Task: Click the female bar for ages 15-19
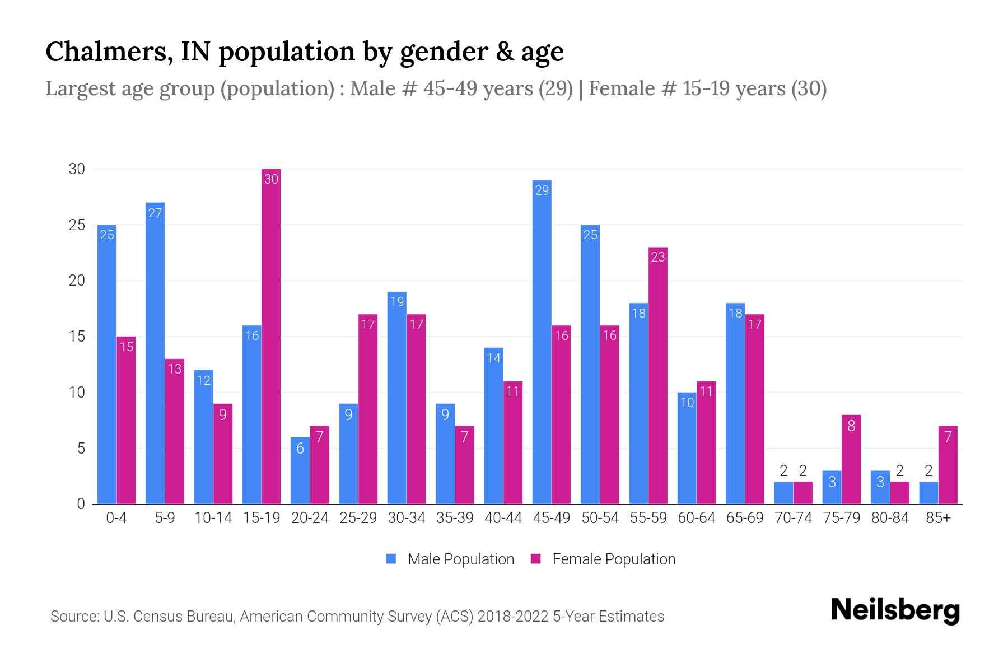pos(271,336)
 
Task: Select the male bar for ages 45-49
pos(542,342)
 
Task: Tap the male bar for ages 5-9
pos(155,353)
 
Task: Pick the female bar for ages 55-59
pos(658,375)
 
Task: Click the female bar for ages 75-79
pos(851,459)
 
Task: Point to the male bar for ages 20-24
pos(300,470)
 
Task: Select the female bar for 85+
pos(948,465)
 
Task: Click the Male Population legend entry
pos(450,559)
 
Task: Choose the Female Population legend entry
pos(603,559)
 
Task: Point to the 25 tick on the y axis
pos(77,225)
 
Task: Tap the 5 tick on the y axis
pos(82,449)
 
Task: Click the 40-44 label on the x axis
pos(503,518)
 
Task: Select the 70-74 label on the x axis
pos(793,518)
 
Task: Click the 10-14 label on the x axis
pos(213,518)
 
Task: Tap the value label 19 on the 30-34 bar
pos(396,302)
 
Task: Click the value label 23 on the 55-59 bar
pos(658,257)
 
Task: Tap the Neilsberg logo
pos(895,610)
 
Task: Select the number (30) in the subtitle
pos(809,88)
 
